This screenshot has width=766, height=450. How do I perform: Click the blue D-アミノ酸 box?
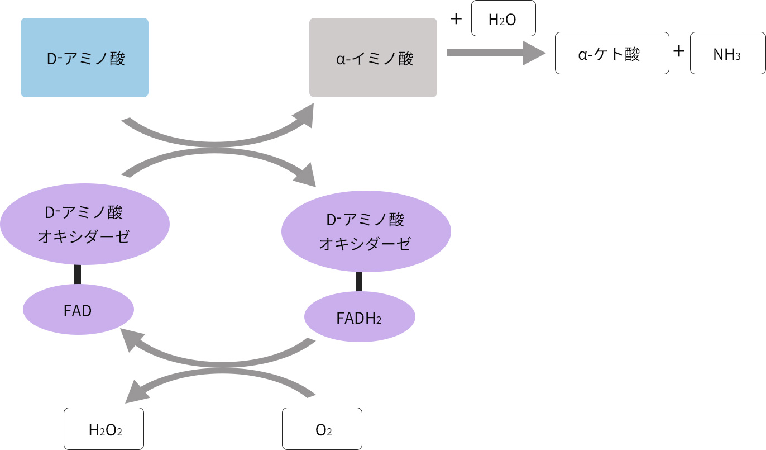click(84, 58)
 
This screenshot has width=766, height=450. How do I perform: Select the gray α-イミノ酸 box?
click(373, 58)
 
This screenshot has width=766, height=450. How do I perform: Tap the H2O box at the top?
click(503, 18)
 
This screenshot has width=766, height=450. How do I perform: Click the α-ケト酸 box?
click(611, 53)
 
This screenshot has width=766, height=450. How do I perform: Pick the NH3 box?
click(727, 53)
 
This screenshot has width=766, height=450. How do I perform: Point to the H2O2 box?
click(104, 429)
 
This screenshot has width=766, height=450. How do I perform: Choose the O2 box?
click(322, 429)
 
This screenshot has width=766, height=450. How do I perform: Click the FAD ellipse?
click(78, 310)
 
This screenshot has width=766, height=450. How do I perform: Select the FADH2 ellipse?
click(360, 317)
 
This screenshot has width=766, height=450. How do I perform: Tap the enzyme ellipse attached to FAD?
click(84, 224)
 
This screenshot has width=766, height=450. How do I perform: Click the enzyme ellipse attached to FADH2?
click(366, 230)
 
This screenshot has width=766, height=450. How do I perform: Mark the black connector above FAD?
click(78, 274)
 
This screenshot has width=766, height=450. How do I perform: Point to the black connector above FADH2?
click(359, 281)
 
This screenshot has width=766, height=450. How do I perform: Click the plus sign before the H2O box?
click(456, 19)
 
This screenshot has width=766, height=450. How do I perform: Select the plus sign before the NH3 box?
click(679, 52)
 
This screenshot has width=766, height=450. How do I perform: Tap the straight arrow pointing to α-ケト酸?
click(495, 53)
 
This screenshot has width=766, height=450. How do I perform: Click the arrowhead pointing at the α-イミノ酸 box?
click(305, 116)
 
